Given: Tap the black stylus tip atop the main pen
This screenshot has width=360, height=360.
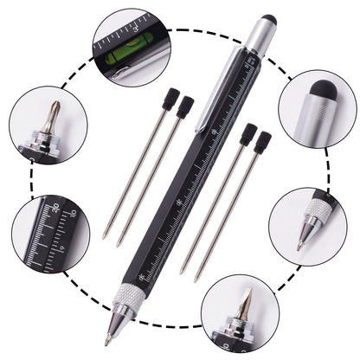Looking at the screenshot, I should tap(268, 19).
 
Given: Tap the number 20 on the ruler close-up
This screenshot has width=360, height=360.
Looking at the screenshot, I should tap(55, 209).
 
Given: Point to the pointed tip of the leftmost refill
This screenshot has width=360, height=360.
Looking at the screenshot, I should tap(105, 236).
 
